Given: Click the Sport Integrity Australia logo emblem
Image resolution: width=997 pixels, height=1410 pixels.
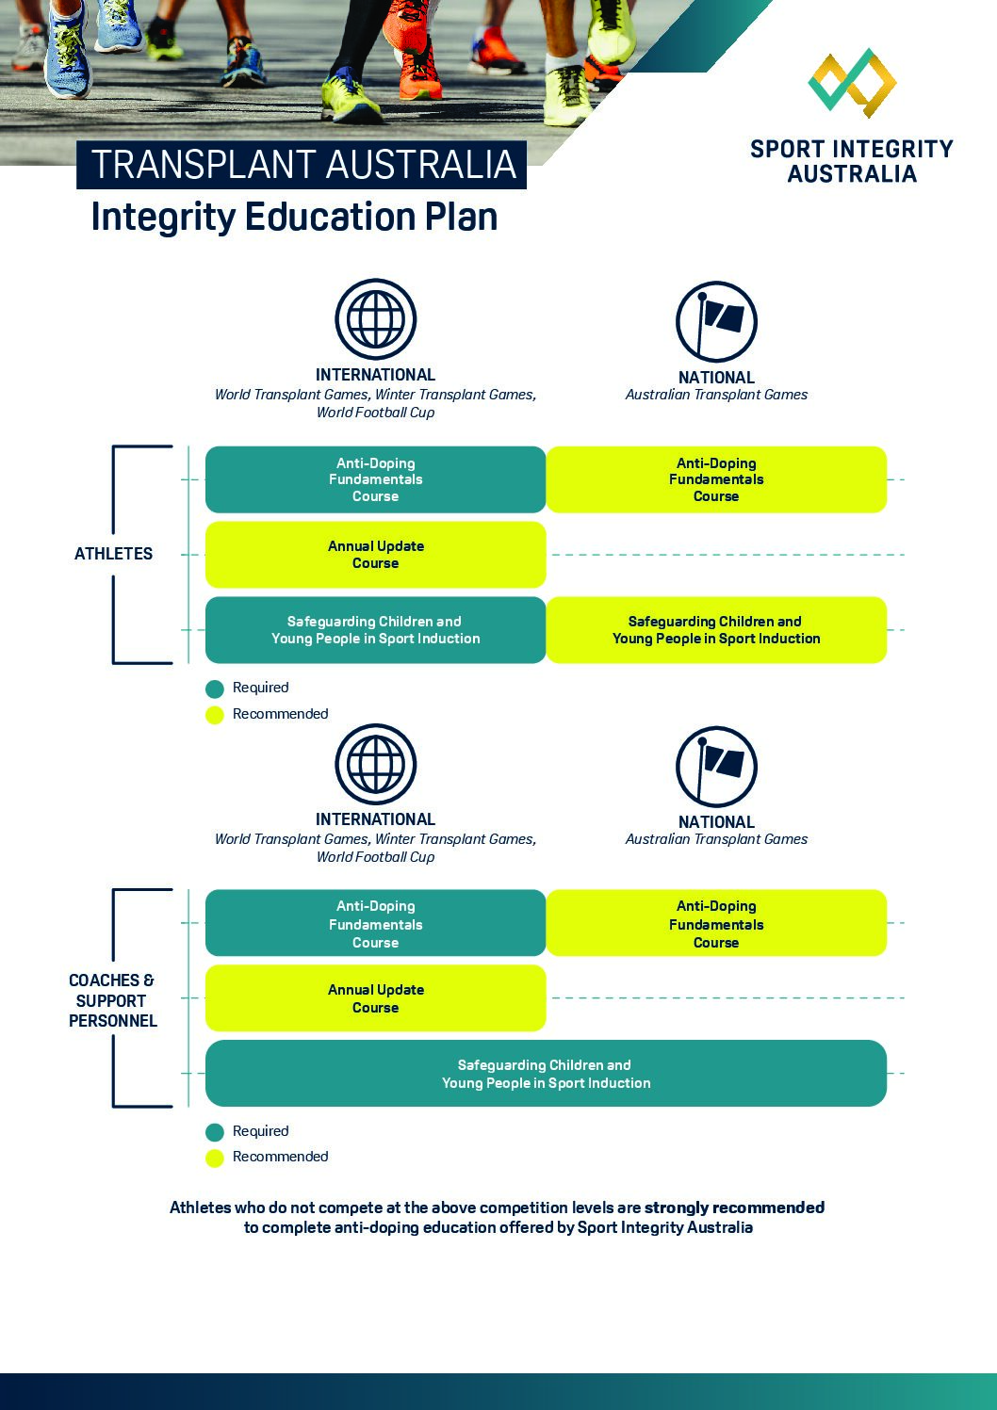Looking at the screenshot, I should click(852, 83).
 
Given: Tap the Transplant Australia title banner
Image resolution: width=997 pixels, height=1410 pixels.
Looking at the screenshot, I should click(302, 165).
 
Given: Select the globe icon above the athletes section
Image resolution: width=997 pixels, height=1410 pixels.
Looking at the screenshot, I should click(376, 319).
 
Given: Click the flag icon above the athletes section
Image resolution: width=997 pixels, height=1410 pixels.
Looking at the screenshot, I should click(716, 321).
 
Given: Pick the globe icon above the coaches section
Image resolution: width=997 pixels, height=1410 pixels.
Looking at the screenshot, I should click(376, 764).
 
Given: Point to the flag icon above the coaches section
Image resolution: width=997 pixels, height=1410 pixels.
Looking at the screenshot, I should click(716, 766).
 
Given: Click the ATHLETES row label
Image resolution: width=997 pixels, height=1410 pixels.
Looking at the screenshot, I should click(113, 554).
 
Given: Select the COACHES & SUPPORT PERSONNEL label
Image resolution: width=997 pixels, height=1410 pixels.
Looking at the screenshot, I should click(112, 1000).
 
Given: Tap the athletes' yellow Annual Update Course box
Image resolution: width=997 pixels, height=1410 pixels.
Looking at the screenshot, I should click(375, 555).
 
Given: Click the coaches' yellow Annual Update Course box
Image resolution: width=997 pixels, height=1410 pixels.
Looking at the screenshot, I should click(375, 998).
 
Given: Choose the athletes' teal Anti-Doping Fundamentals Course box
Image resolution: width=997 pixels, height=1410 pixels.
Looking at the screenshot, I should click(375, 479).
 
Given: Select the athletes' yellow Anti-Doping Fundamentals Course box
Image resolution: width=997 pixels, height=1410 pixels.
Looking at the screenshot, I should click(716, 479).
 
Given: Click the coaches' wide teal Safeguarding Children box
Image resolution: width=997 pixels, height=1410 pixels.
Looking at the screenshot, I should click(546, 1074).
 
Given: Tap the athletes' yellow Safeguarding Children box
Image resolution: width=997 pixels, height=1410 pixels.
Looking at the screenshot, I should click(716, 630).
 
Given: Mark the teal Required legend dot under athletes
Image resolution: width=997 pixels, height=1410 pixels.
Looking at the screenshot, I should click(215, 689).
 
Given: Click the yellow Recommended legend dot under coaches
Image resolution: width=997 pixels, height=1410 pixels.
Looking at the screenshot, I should click(215, 1158).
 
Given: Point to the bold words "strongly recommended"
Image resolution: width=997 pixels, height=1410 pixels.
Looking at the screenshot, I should click(734, 1207).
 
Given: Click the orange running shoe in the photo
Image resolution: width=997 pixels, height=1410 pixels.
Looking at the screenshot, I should click(409, 57).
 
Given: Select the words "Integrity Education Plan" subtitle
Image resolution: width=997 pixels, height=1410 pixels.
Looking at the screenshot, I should click(294, 217).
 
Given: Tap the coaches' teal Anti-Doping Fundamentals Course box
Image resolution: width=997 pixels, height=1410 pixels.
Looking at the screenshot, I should click(375, 924).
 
